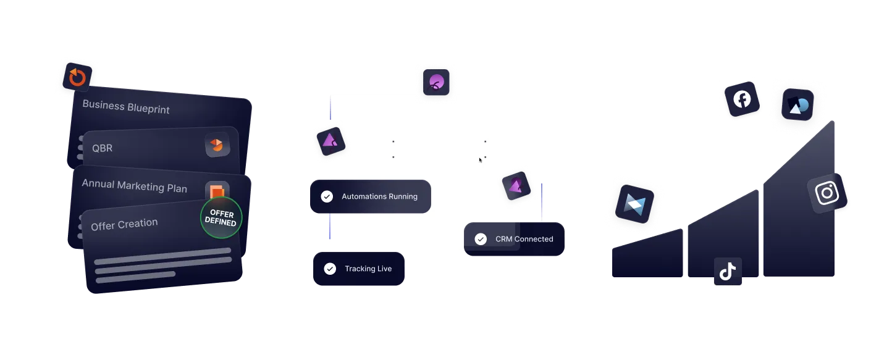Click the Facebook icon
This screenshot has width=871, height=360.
742,99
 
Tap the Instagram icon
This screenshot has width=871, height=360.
827,193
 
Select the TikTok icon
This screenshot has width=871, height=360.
727,271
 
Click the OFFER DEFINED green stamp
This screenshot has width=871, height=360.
221,218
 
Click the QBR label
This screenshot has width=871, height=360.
103,148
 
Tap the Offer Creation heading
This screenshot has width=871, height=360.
124,224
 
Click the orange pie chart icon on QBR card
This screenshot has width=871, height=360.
217,144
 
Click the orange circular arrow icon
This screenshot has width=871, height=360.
77,77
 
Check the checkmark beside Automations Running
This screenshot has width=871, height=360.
327,196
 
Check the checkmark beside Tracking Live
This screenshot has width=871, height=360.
330,269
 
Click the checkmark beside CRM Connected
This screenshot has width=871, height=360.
481,239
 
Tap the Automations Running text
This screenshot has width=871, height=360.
379,196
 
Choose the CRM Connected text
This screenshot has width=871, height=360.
524,239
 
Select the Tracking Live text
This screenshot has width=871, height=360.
368,269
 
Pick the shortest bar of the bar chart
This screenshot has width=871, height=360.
647,254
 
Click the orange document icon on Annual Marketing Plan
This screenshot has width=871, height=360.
216,190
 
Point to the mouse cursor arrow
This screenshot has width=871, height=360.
481,160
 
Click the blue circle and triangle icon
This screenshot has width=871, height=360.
797,105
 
